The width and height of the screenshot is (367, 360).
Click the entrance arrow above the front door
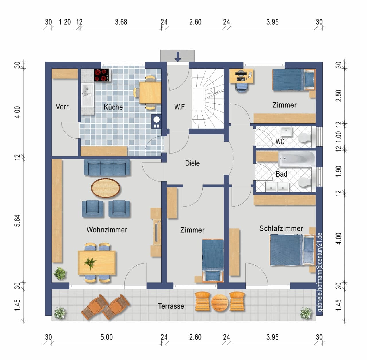click(178, 57)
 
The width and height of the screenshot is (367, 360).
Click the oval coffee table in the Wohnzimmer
click(106, 188)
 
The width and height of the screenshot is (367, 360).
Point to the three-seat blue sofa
click(107, 167)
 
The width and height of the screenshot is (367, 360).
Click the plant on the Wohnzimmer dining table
click(90, 263)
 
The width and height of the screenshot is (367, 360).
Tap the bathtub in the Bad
click(296, 159)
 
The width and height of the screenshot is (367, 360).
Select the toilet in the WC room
click(305, 138)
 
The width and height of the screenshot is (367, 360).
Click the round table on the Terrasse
click(220, 303)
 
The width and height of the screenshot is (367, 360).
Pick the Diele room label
click(192, 163)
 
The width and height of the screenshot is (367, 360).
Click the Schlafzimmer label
click(281, 228)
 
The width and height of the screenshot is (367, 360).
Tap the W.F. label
click(180, 107)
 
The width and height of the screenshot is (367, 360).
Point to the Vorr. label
click(63, 107)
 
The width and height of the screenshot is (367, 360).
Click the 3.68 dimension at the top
click(121, 22)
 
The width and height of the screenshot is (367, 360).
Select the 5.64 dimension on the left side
click(17, 221)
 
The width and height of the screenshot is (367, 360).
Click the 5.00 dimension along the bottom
click(107, 337)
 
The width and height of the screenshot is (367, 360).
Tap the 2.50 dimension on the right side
click(339, 96)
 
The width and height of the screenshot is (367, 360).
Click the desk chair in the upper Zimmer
click(242, 87)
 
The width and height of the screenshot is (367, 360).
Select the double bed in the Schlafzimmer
click(292, 250)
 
